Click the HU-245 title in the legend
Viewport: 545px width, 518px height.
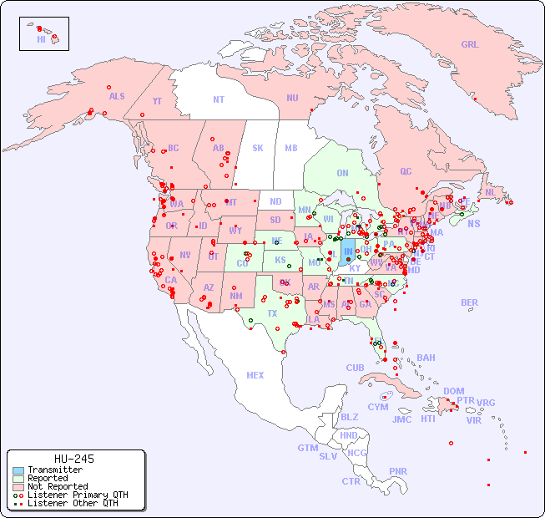point(73,459)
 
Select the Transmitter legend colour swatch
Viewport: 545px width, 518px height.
point(18,470)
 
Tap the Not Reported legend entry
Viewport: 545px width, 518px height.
point(57,486)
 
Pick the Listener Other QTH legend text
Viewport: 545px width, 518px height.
point(72,503)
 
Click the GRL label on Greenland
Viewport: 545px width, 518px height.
point(470,45)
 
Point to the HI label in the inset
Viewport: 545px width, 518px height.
point(41,39)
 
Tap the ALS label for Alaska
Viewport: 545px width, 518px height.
point(117,96)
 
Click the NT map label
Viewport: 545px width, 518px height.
point(219,99)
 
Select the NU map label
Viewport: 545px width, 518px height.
point(292,98)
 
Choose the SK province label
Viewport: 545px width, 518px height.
point(258,148)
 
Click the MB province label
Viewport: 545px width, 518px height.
point(290,148)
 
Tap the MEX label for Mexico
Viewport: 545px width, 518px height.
point(255,375)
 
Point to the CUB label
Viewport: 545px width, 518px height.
point(355,368)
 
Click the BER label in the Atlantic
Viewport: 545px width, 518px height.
point(470,302)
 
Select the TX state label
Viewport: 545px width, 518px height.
point(272,313)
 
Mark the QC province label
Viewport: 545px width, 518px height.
point(406,171)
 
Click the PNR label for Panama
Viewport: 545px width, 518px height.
point(398,471)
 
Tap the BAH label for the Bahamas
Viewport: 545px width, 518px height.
point(426,358)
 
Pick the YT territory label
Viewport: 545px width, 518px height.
point(157,101)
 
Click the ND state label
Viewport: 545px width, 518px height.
point(275,201)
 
